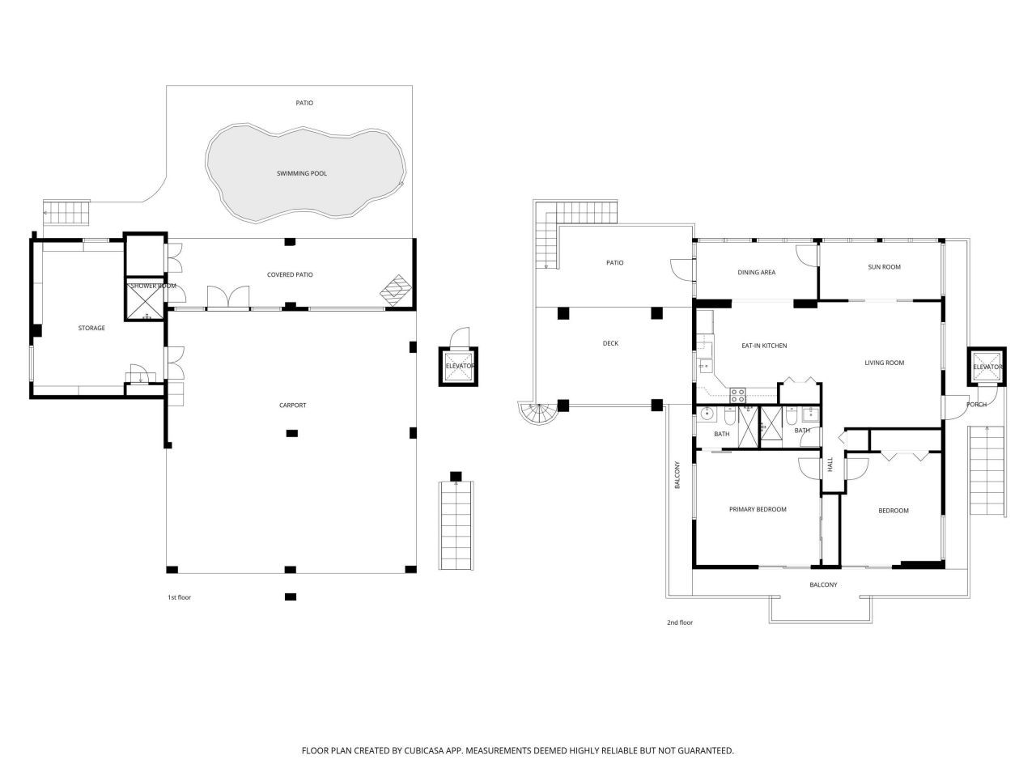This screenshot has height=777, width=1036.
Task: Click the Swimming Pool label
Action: [302, 173]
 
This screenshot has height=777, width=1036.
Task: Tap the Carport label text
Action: [292, 405]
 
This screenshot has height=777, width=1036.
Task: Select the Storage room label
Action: [91, 328]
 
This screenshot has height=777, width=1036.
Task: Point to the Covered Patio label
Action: [290, 274]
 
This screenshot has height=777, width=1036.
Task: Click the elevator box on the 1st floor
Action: [459, 367]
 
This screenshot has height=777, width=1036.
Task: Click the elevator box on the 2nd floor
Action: [987, 367]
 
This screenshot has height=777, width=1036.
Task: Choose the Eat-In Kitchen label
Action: [764, 346]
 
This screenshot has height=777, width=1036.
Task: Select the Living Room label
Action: [884, 363]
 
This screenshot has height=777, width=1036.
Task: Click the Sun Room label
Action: [884, 266]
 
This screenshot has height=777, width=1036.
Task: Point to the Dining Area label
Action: [756, 272]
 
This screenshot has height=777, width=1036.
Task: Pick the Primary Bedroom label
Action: [758, 509]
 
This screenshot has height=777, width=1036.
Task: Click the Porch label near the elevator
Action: [976, 405]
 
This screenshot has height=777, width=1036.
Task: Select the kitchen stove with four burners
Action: [738, 396]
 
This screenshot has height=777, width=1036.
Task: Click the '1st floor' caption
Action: [179, 597]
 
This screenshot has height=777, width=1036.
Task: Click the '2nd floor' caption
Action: [680, 622]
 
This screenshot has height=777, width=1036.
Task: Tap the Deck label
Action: [610, 343]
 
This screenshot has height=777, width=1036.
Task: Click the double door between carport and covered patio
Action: [228, 298]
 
